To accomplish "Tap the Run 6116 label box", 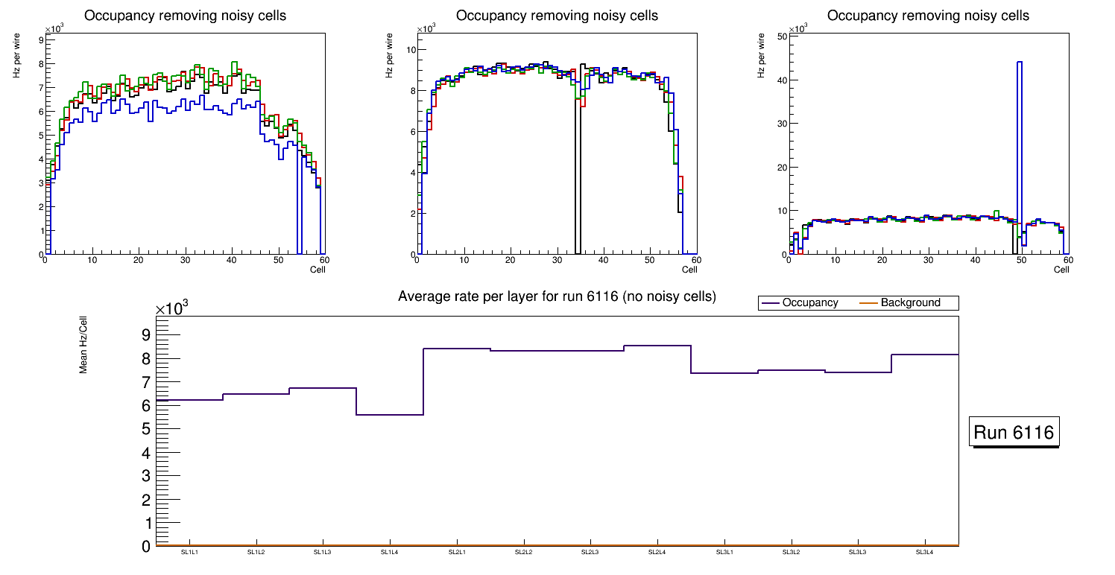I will [1014, 433].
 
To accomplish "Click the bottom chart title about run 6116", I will [557, 296].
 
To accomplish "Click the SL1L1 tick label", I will [189, 552].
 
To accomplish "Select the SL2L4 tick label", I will [657, 552].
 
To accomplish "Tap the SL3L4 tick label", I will [925, 552].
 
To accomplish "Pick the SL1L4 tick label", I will [390, 552].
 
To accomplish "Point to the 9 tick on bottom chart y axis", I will [146, 334].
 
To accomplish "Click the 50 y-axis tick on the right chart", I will [783, 36].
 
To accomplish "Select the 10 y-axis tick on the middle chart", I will [410, 50].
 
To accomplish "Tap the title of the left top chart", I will [185, 16].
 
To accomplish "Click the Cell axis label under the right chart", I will [1061, 270].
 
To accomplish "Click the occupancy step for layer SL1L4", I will [390, 414].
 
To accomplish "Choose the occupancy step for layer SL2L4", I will [657, 346].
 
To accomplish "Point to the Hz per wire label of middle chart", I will [389, 58].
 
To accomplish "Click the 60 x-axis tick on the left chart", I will [324, 261].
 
